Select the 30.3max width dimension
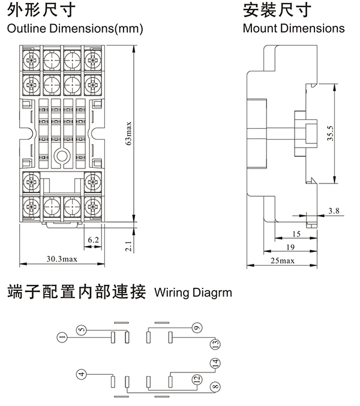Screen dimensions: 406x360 point(62,258)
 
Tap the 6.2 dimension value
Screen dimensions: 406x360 point(93,239)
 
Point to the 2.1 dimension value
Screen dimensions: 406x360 point(129,246)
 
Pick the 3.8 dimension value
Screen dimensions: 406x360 point(334,210)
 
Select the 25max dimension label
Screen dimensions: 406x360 point(283,260)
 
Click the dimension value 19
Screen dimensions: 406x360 point(290,246)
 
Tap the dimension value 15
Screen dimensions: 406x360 point(296,233)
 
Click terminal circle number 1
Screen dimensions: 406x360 point(62,338)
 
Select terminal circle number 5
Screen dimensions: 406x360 point(82,329)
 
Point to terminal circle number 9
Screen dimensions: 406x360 point(196,328)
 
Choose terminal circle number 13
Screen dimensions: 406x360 point(215,344)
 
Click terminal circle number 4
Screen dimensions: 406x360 point(82,375)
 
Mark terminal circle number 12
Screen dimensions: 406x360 point(196,378)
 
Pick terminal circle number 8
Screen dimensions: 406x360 point(215,387)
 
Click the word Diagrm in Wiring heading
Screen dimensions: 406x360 point(212,293)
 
